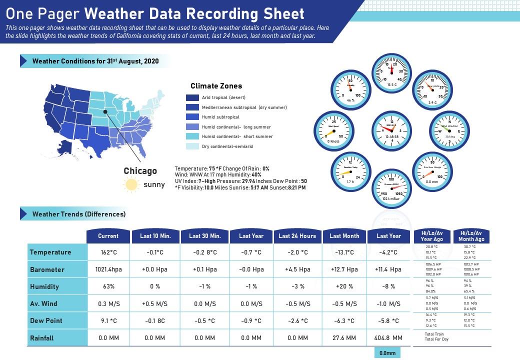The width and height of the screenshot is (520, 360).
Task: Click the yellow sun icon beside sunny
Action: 131,184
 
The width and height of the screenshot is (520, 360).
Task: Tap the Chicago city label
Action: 140,171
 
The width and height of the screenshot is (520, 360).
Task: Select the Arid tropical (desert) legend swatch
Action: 192,97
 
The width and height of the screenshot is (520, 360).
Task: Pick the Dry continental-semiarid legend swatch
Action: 192,146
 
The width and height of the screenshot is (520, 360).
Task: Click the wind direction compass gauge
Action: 449,131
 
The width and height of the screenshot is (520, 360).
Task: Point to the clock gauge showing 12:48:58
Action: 391,131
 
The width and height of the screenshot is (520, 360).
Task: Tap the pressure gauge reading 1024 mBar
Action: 391,188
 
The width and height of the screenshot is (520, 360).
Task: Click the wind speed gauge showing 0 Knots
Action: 333,131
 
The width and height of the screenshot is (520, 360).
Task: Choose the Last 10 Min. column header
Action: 155,236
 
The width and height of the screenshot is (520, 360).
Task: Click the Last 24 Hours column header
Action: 297,236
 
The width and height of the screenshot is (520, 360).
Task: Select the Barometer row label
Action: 47,269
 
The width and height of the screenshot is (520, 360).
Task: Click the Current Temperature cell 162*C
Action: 108,252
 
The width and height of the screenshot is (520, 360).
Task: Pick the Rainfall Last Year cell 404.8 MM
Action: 388,338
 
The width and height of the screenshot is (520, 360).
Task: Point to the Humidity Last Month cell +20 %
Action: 344,286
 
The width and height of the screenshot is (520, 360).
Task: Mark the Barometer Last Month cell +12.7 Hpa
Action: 344,269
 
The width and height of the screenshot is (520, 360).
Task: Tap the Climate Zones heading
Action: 216,86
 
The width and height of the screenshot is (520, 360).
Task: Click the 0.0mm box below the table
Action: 387,353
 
